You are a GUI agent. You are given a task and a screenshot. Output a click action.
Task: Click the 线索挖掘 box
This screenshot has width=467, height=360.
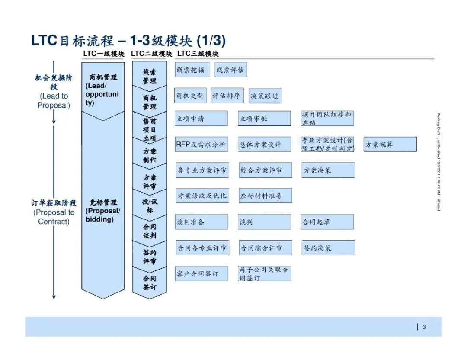point(192,70)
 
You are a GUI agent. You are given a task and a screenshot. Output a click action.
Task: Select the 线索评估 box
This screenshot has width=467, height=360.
point(231,70)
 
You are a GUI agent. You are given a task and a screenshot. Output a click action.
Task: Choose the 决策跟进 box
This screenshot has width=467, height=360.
point(265,96)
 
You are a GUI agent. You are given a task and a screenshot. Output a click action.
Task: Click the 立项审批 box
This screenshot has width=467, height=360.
point(264,118)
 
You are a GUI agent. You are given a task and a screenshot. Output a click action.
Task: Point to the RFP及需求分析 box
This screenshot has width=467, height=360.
point(202,145)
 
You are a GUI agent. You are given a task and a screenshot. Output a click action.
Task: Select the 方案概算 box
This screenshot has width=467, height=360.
point(390,145)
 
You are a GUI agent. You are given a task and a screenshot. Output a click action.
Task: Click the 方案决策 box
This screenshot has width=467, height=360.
point(328,170)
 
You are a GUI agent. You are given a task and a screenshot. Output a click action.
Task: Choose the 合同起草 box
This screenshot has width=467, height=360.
point(327,222)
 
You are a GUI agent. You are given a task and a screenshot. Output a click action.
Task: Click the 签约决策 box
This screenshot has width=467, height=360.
point(328,248)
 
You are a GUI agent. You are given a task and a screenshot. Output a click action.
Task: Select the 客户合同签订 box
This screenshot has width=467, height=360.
point(202,274)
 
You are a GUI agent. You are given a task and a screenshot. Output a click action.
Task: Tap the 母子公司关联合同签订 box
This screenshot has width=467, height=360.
point(264,273)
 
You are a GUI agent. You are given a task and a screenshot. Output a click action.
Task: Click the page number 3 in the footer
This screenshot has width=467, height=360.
point(424,327)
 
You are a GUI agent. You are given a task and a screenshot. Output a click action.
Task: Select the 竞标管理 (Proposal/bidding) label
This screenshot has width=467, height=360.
point(103,211)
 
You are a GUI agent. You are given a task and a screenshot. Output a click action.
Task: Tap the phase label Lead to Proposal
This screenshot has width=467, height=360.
point(54,101)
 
